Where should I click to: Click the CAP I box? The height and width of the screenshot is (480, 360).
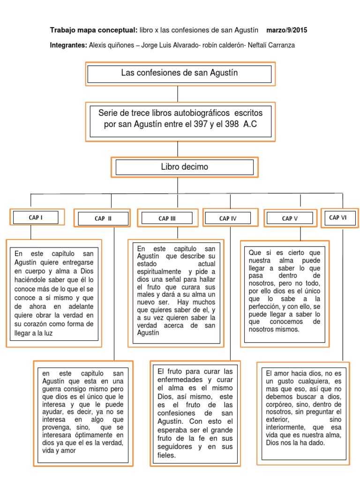(36, 217)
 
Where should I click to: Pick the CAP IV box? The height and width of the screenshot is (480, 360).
(228, 218)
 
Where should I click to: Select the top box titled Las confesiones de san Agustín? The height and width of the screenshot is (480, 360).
(179, 73)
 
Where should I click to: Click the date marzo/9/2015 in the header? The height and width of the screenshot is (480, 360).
(286, 30)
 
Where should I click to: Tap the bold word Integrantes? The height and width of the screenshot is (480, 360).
(68, 45)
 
